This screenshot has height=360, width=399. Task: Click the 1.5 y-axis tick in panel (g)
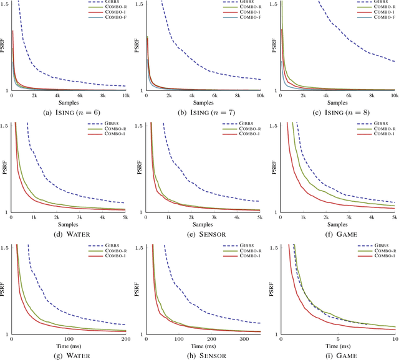tap(4, 248)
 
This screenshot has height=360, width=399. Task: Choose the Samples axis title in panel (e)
tap(203, 224)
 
